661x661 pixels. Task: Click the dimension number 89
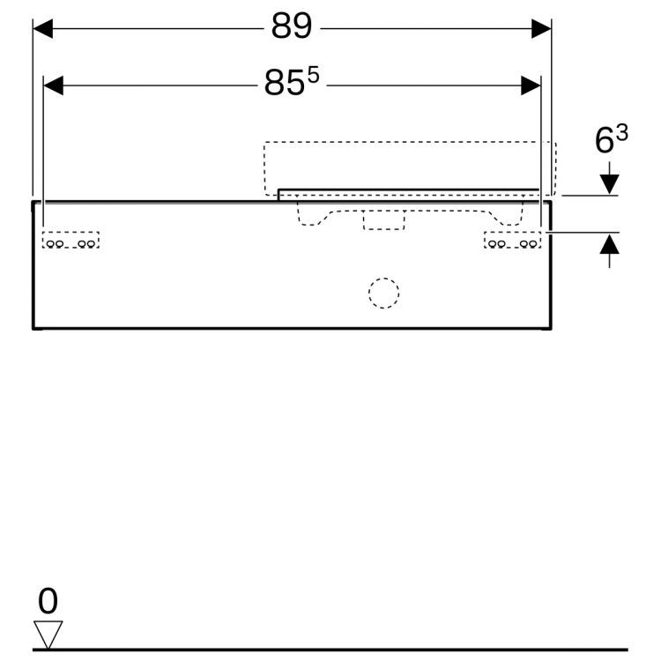tap(292, 27)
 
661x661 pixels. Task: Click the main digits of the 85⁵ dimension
tap(284, 85)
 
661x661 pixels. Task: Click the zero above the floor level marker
tap(48, 602)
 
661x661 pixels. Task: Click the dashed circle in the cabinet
tap(383, 293)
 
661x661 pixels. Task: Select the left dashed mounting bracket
tap(71, 241)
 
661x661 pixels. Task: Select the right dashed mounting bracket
tap(512, 241)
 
